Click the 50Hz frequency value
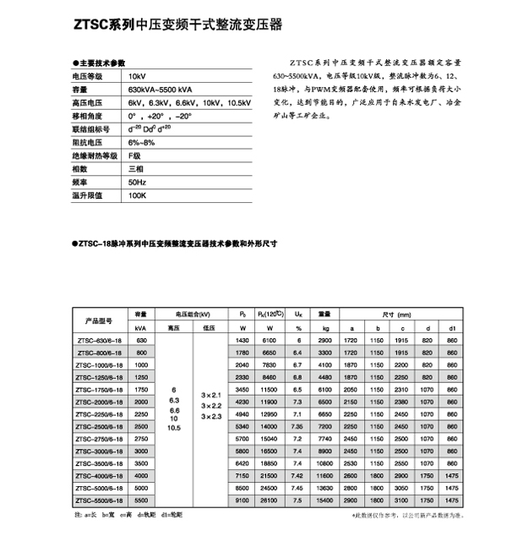click(x=136, y=182)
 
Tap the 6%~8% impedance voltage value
click(x=141, y=143)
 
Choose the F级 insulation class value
click(x=134, y=156)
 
